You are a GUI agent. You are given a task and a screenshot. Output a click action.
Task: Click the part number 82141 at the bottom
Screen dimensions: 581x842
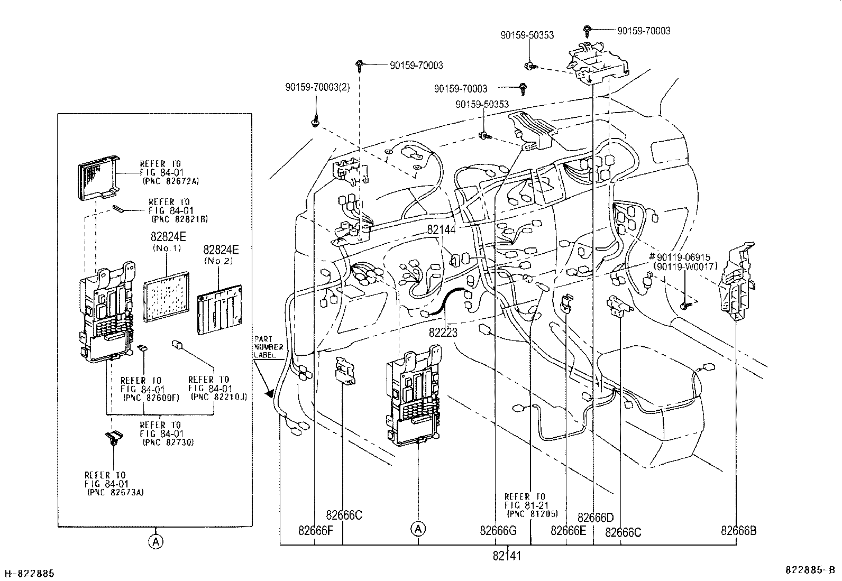click(x=507, y=556)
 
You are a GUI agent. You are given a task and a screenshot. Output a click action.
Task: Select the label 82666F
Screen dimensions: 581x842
click(x=315, y=531)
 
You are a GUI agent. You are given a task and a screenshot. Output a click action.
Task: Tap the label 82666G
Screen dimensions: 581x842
click(x=498, y=531)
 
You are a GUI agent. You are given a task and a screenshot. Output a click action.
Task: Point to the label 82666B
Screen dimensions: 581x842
click(x=738, y=531)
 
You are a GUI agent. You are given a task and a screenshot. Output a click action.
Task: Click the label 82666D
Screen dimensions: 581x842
click(x=595, y=517)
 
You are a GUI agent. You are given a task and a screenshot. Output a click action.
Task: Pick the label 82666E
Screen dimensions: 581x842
click(x=568, y=531)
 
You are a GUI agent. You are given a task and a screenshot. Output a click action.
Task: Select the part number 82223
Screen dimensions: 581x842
click(x=443, y=333)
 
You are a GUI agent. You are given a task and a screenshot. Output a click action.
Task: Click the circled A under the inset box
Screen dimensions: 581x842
click(x=155, y=541)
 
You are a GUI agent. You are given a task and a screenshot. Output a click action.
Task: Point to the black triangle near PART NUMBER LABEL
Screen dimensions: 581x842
click(x=271, y=393)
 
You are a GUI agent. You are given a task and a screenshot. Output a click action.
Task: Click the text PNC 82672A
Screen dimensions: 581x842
click(x=170, y=180)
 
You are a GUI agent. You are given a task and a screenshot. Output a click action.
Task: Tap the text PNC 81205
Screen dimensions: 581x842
click(x=532, y=513)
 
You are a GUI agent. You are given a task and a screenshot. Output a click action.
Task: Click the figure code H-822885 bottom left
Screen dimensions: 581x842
click(x=30, y=574)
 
